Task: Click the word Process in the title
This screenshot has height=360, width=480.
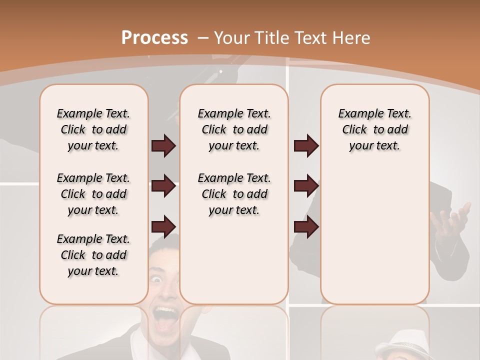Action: [x=154, y=38]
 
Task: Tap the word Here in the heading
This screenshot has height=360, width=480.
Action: [x=351, y=38]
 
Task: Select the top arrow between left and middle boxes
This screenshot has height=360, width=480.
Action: [x=163, y=145]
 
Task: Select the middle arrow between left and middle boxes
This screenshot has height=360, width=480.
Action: [x=163, y=186]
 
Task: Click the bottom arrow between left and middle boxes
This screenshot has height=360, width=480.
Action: [x=163, y=226]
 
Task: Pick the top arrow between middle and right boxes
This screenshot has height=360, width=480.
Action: [x=306, y=145]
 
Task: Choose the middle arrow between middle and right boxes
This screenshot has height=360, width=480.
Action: [x=306, y=186]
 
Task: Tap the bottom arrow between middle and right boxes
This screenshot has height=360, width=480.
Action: [x=306, y=226]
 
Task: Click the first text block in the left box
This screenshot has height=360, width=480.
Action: [x=93, y=129]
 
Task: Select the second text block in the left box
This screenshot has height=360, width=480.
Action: [x=93, y=194]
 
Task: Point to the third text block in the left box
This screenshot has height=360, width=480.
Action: [x=93, y=255]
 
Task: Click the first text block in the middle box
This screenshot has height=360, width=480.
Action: [x=234, y=129]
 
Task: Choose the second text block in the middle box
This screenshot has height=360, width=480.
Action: [x=234, y=194]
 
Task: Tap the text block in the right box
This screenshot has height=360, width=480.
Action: [x=374, y=129]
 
